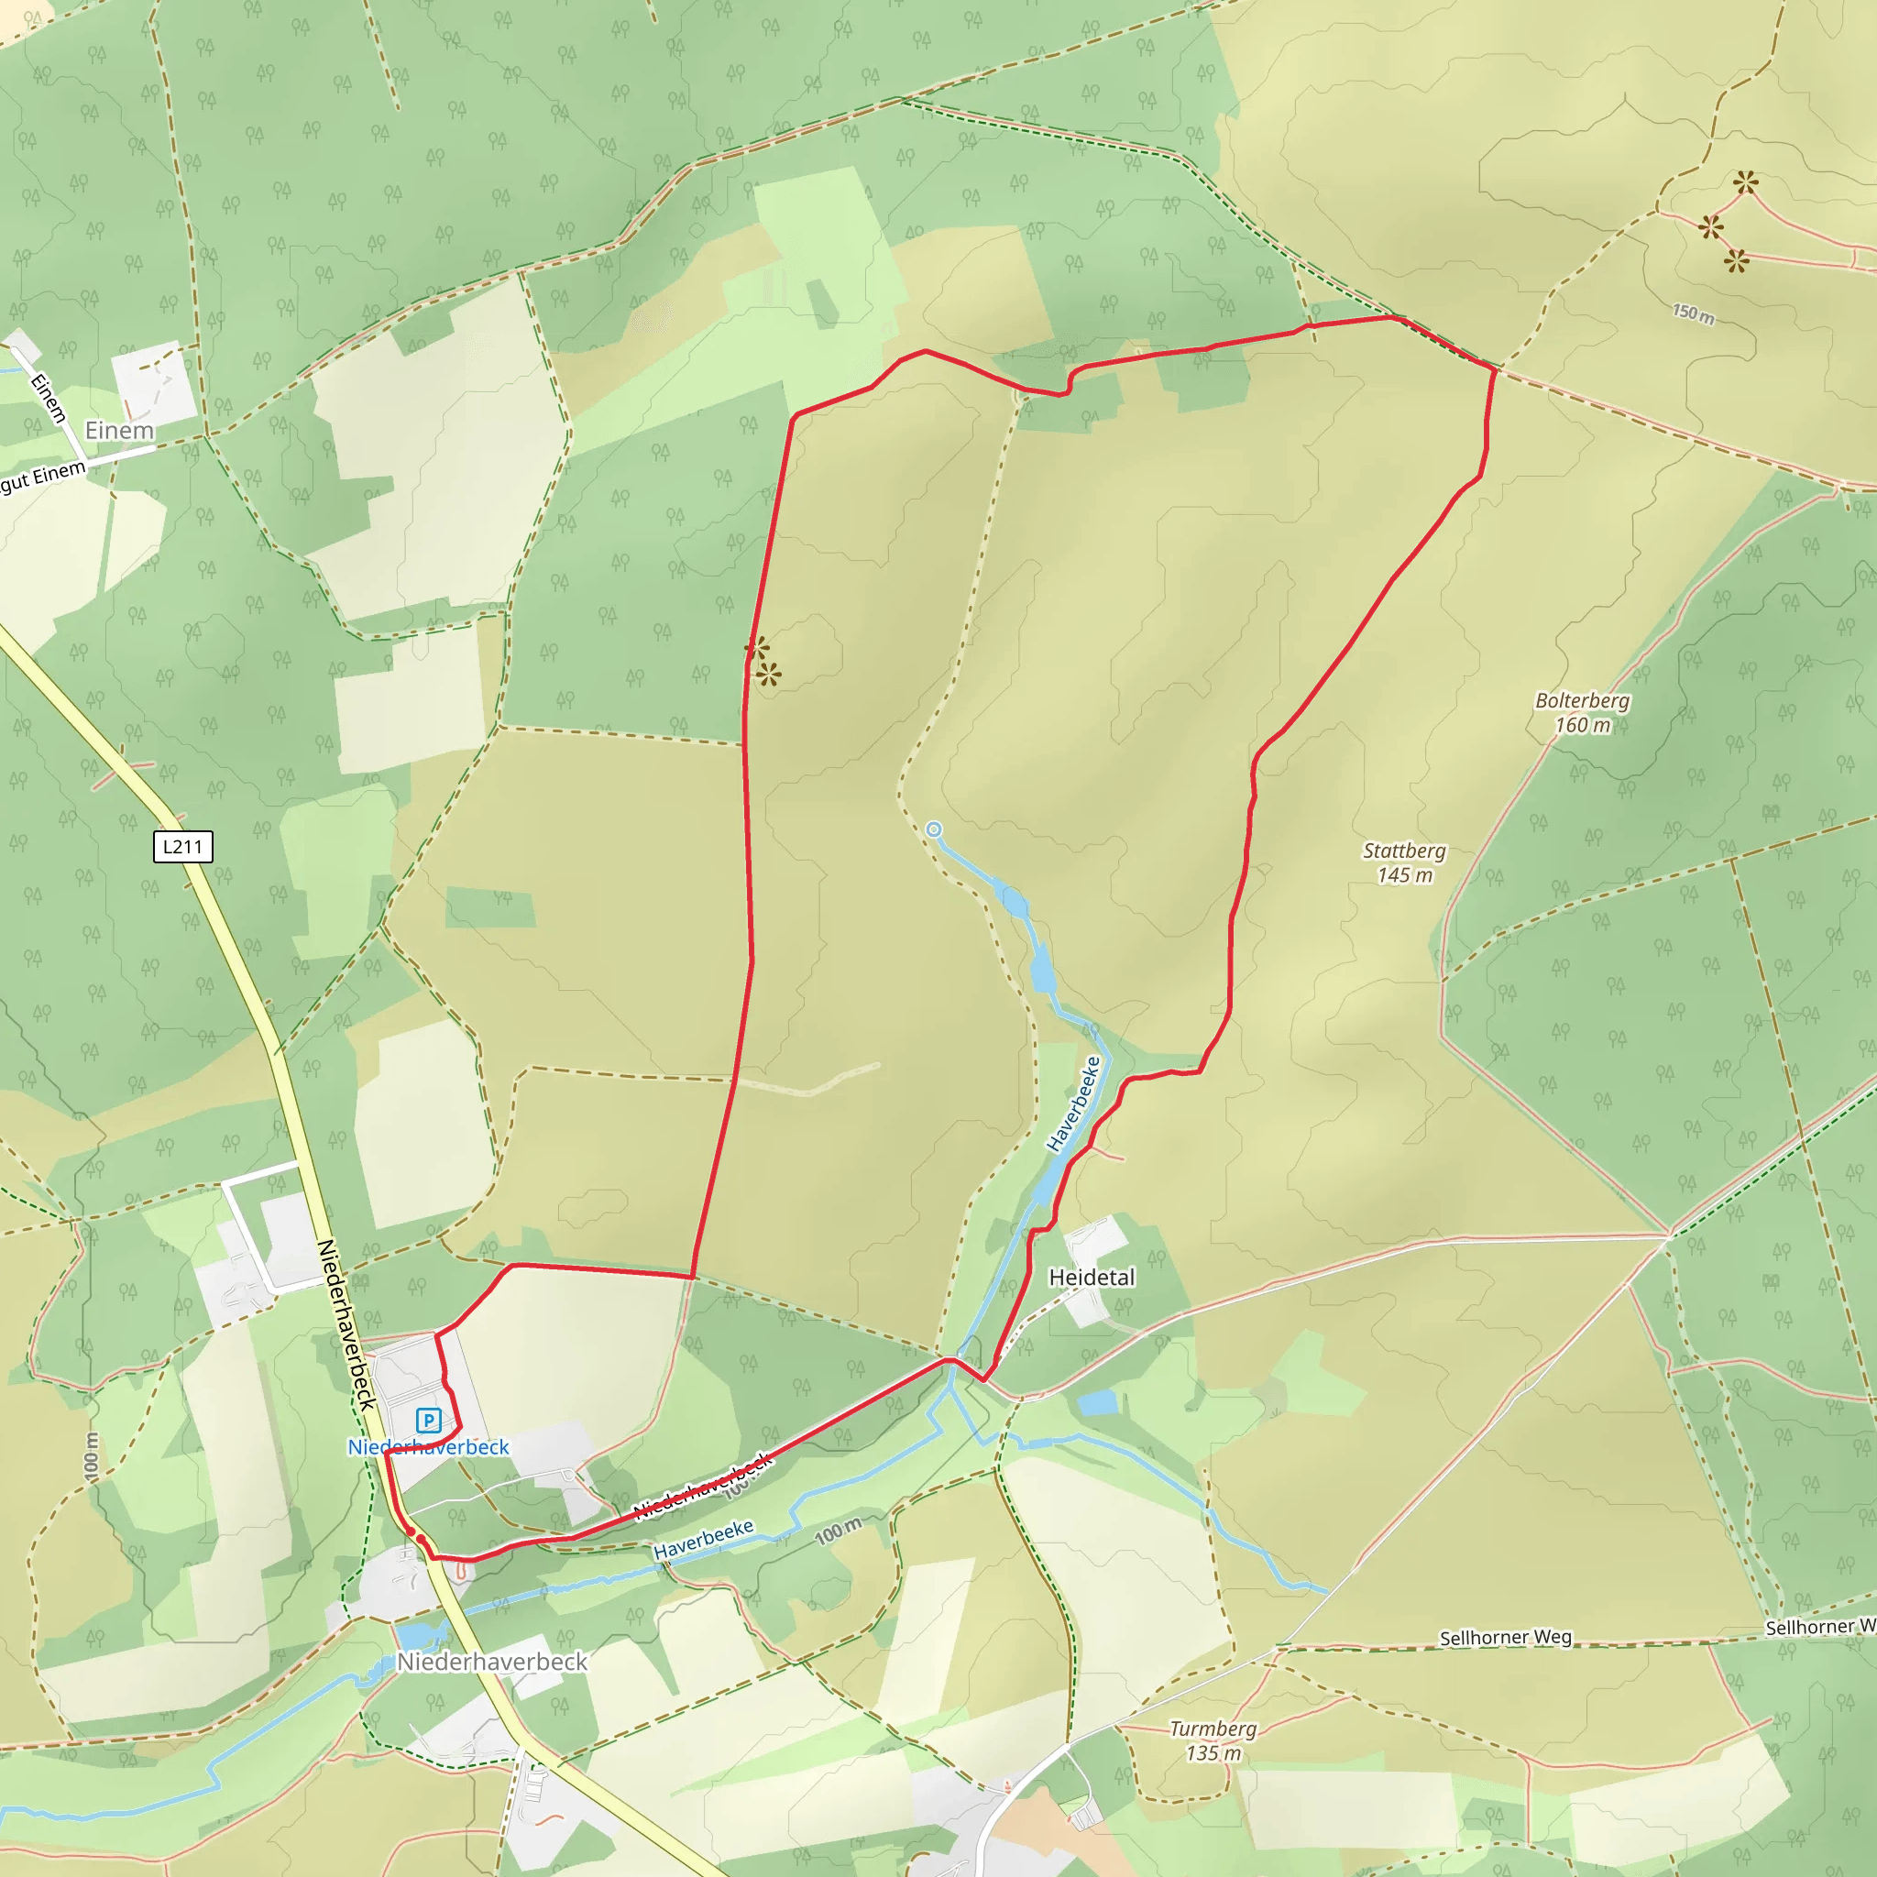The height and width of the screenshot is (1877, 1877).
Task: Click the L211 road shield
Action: [x=182, y=846]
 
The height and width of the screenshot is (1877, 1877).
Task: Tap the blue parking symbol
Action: [x=428, y=1421]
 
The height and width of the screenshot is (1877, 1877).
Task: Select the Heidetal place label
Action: [x=1091, y=1278]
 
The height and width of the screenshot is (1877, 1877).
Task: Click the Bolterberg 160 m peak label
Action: [x=1582, y=712]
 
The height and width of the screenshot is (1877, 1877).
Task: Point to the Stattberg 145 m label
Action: [x=1404, y=862]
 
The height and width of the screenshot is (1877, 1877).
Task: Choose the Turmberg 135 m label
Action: [x=1213, y=1740]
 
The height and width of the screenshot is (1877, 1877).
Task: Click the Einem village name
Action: [x=119, y=431]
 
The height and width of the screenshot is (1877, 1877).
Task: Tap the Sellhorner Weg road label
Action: [x=1505, y=1638]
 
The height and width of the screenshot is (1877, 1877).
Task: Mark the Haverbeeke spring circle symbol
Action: [x=934, y=829]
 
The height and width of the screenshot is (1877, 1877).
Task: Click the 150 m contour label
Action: [x=1694, y=313]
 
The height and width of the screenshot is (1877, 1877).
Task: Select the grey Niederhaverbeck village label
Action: [x=491, y=1663]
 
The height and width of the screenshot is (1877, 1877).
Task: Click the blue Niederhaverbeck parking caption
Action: [x=428, y=1447]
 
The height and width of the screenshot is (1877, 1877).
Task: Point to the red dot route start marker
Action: [x=410, y=1532]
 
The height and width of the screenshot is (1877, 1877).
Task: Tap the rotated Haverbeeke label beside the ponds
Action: [x=1073, y=1103]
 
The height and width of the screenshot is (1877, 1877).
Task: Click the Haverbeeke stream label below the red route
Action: [x=703, y=1540]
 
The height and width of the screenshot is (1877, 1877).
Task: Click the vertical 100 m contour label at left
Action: [x=92, y=1457]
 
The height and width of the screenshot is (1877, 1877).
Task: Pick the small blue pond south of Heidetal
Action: [x=1098, y=1403]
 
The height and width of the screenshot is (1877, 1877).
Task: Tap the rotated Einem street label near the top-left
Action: [x=49, y=399]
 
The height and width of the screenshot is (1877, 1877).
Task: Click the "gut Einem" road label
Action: [x=43, y=477]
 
